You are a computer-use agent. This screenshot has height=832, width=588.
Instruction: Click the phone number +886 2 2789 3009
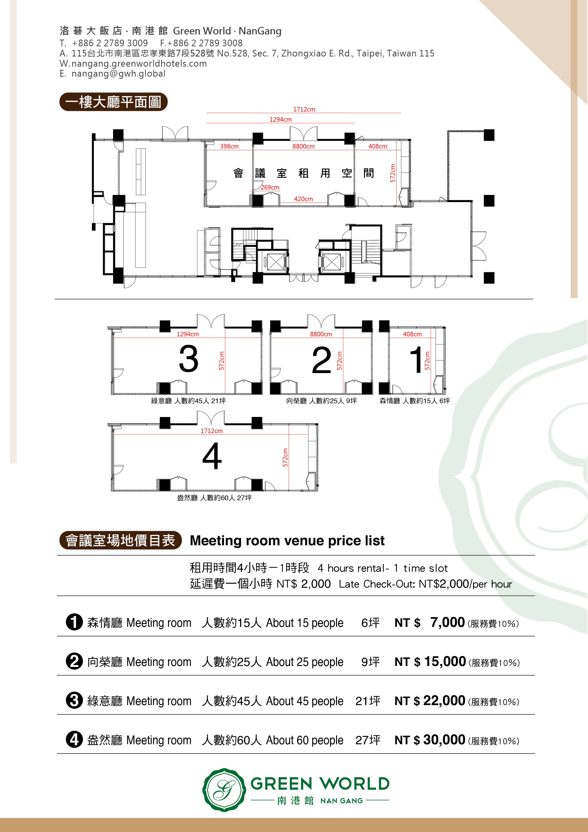(x=110, y=43)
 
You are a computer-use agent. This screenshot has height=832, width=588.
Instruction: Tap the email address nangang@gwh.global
(x=119, y=74)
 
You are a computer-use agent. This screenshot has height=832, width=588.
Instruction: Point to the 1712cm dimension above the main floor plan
(x=304, y=109)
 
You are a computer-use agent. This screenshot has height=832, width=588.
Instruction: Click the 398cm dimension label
(x=229, y=146)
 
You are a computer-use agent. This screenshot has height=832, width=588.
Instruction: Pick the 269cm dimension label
(x=270, y=187)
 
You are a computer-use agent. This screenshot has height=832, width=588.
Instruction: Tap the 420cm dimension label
(x=303, y=199)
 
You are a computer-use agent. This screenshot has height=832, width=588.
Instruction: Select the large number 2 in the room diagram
(x=322, y=360)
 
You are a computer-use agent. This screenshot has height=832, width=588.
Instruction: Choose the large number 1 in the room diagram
(x=416, y=360)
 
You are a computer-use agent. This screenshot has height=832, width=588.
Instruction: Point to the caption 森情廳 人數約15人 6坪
(x=415, y=401)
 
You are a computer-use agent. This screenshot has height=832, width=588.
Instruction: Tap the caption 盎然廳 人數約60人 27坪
(x=214, y=498)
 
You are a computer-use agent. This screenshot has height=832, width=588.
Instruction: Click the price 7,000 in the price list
(x=447, y=622)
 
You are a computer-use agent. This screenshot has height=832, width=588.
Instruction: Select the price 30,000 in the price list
(x=444, y=740)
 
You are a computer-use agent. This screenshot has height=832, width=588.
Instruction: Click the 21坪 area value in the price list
(x=368, y=701)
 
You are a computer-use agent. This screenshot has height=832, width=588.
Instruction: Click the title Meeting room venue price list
(x=287, y=541)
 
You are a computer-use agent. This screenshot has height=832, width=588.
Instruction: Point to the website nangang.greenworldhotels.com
(x=139, y=64)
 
